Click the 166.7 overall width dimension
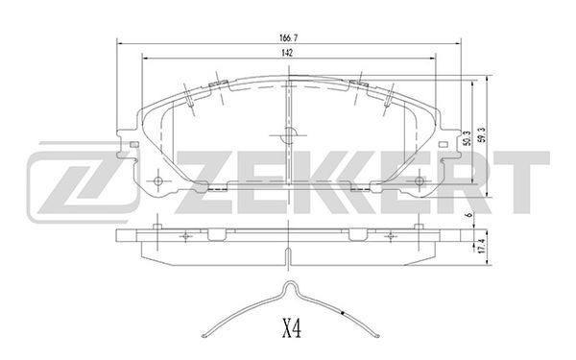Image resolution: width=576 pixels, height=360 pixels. click(288, 37)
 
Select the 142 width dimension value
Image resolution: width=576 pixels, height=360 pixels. click(287, 53)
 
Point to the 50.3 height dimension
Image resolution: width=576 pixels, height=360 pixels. click(467, 138)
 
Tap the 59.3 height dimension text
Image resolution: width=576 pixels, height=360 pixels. click(482, 134)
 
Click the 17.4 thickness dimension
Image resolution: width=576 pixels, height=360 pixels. click(482, 246)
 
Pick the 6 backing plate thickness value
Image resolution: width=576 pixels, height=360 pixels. click(468, 215)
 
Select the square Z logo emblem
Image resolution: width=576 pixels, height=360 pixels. click(83, 181)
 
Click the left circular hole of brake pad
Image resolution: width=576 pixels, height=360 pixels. click(158, 181)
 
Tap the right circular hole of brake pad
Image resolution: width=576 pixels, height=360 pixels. click(420, 181)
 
